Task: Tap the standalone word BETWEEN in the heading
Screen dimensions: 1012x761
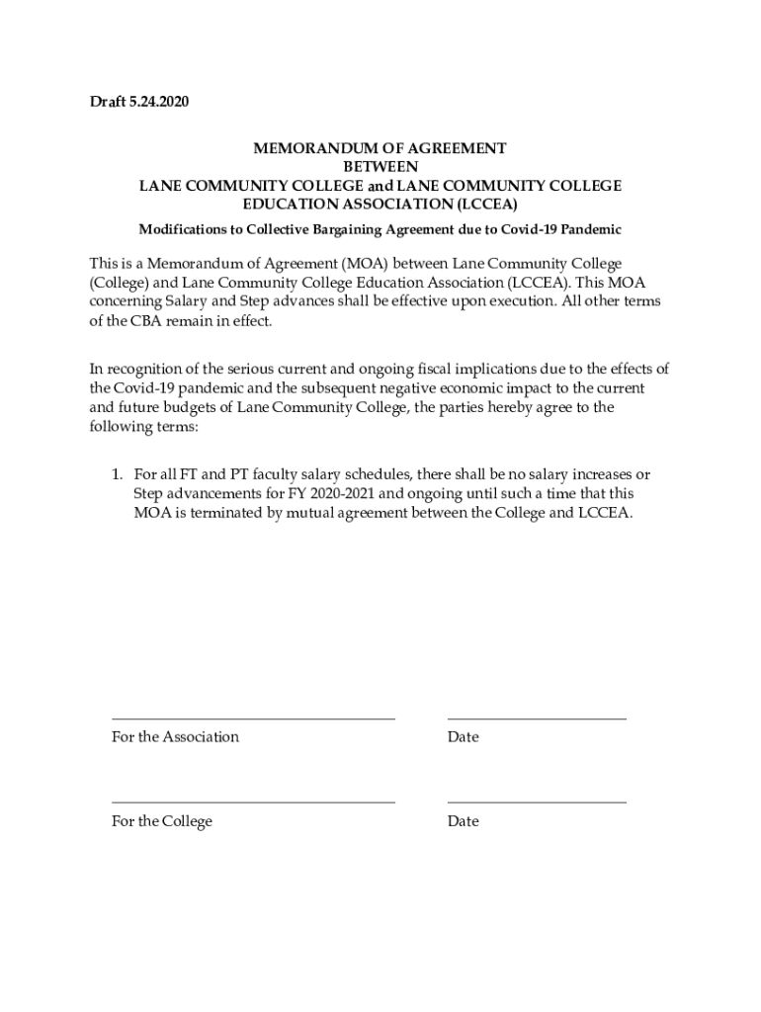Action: point(380,167)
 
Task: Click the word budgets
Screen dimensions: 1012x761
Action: point(168,407)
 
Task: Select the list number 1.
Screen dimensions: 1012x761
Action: point(117,475)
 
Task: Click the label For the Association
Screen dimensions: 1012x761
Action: point(175,737)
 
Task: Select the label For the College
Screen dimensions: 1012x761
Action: point(162,821)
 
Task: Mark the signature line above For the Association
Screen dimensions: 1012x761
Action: point(253,718)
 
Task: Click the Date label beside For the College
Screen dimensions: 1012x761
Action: point(463,821)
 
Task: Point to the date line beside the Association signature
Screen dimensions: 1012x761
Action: point(537,718)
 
